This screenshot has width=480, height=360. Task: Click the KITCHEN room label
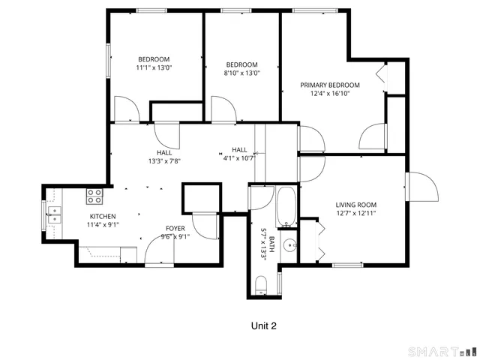103,215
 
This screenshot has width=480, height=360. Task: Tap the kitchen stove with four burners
94,196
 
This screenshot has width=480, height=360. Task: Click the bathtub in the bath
286,208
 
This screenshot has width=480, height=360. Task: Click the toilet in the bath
261,284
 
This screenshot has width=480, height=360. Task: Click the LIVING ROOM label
355,205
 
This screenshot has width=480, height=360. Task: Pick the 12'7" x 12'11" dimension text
355,213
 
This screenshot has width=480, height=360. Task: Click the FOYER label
175,228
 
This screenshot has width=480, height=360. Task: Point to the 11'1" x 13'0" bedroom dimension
153,67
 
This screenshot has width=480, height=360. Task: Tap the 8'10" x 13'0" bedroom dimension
242,73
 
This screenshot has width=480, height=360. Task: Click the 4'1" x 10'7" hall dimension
239,157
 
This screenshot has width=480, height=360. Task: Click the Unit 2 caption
266,326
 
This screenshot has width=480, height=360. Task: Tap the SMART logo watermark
442,351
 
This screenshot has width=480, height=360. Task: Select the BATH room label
271,241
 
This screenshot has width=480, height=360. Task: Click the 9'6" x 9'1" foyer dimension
175,236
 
